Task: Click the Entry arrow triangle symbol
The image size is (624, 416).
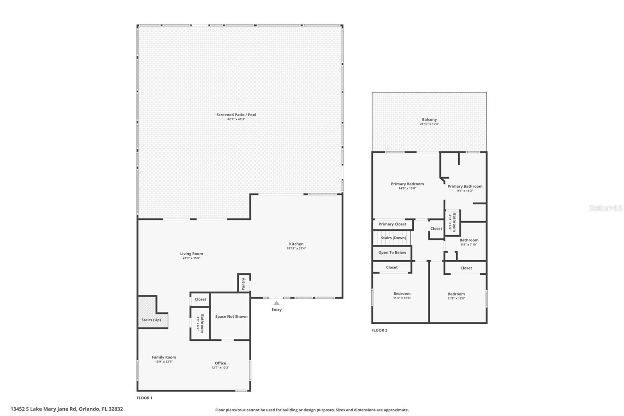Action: [x=277, y=303]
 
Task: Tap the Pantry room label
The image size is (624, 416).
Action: [x=244, y=284]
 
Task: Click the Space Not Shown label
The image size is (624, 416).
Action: [x=231, y=316]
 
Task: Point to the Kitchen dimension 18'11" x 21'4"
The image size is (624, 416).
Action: [x=296, y=248]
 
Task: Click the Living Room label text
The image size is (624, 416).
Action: [x=191, y=254]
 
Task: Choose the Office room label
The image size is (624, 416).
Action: [x=220, y=363]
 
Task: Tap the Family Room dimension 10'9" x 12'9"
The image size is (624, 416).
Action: [x=164, y=362]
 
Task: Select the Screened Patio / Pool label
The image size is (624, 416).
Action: [x=236, y=115]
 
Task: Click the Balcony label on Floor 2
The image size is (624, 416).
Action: [x=429, y=119]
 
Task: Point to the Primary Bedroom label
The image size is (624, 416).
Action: [x=407, y=184]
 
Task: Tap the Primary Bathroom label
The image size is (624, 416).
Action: [x=465, y=186]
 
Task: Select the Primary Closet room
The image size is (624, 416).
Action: [x=392, y=224]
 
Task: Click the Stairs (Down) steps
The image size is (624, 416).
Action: [x=393, y=238]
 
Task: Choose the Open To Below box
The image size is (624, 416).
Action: [x=392, y=252]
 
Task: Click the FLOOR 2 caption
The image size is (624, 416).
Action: [x=379, y=330]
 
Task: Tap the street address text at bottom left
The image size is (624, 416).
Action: [x=67, y=409]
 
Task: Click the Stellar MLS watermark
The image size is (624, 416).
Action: [x=605, y=208]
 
